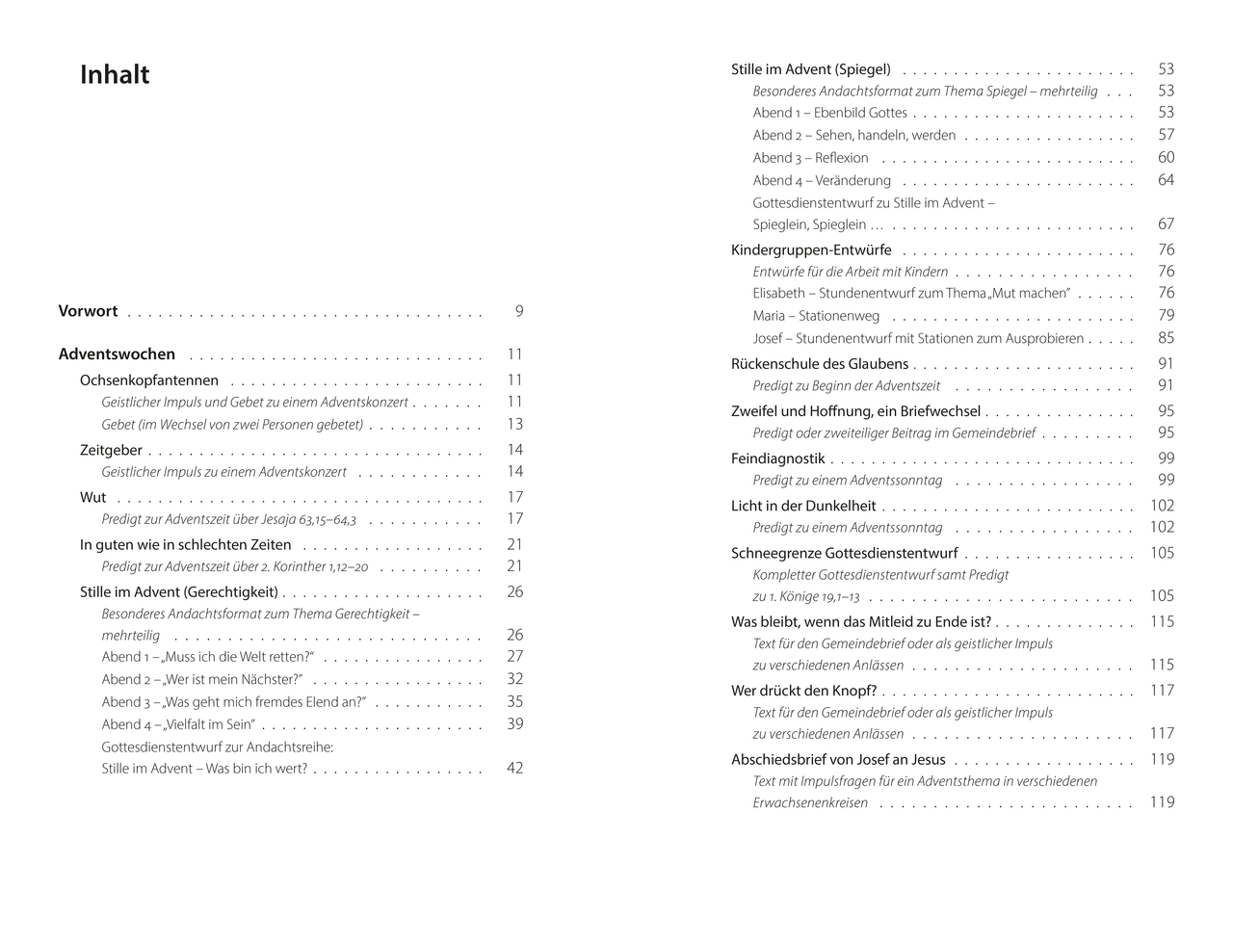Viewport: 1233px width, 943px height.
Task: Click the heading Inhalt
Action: (x=115, y=75)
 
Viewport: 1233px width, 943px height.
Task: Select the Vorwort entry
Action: (x=88, y=311)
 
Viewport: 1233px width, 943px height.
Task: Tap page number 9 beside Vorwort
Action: (x=519, y=311)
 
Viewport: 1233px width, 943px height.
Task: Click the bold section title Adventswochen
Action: (x=117, y=354)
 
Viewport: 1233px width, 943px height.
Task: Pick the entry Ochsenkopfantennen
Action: (x=149, y=380)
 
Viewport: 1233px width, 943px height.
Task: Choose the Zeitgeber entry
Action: (x=111, y=450)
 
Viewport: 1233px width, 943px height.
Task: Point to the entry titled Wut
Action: (x=93, y=497)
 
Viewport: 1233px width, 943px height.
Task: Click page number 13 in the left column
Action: (x=515, y=424)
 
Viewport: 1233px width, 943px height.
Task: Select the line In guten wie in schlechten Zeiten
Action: (x=185, y=544)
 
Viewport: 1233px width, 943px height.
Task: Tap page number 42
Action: (x=515, y=768)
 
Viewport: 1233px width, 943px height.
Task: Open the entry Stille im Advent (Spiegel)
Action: (x=810, y=69)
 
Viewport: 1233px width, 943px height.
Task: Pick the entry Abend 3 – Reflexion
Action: (x=810, y=158)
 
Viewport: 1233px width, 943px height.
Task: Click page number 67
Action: (x=1166, y=223)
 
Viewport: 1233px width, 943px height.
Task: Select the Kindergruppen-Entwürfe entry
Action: (x=811, y=249)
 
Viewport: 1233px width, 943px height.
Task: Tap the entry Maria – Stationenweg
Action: (x=816, y=316)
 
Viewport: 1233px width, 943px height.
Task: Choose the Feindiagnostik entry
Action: (x=778, y=458)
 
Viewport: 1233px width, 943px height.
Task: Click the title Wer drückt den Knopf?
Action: (x=803, y=691)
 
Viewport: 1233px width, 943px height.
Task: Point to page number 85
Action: (x=1166, y=338)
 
